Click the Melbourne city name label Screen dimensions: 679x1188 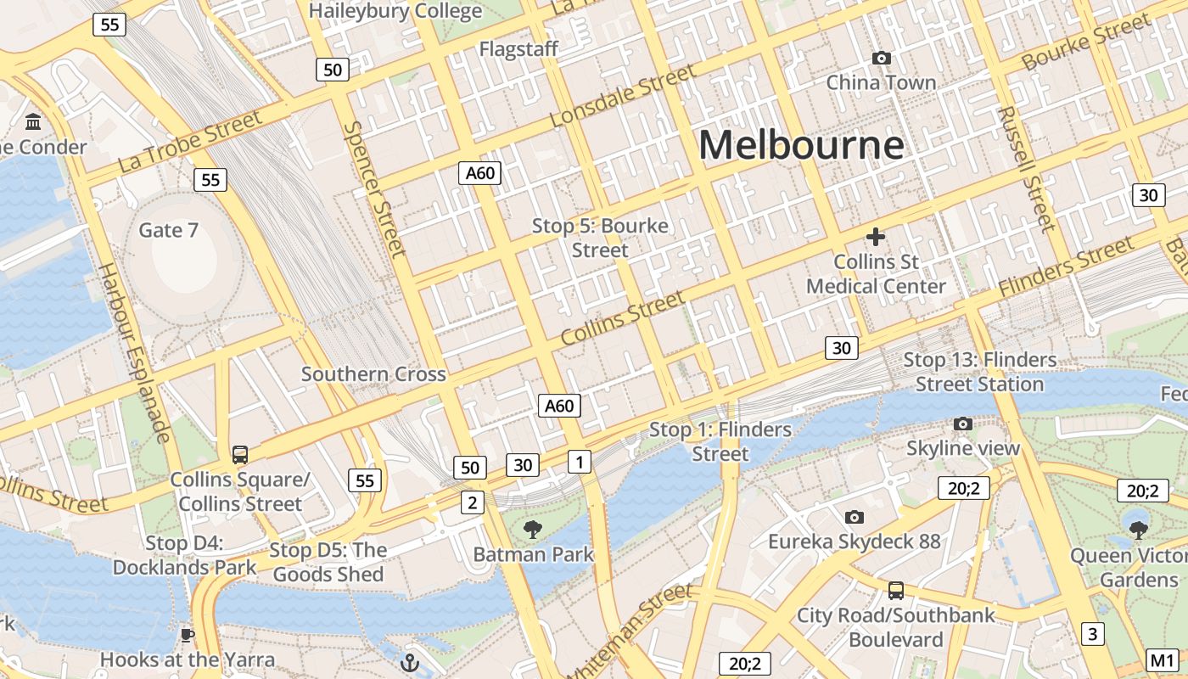pyautogui.click(x=801, y=144)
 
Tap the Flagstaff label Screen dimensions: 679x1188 pyautogui.click(x=518, y=49)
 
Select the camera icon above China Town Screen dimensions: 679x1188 pyautogui.click(x=882, y=58)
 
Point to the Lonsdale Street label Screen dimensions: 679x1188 pyautogui.click(x=622, y=96)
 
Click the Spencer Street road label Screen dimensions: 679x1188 pyautogui.click(x=375, y=188)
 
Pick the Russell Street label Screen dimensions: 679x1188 pyautogui.click(x=1025, y=168)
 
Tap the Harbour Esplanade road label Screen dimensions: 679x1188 pyautogui.click(x=134, y=352)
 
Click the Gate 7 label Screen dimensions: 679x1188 pyautogui.click(x=168, y=230)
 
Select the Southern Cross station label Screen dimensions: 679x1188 pyautogui.click(x=373, y=374)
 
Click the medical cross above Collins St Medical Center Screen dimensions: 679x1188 pyautogui.click(x=875, y=237)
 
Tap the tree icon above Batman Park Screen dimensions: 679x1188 pyautogui.click(x=533, y=530)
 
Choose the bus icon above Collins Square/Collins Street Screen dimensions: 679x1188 pyautogui.click(x=240, y=455)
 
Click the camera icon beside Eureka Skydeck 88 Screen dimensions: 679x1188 pyautogui.click(x=855, y=517)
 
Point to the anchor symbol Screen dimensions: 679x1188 pyautogui.click(x=411, y=663)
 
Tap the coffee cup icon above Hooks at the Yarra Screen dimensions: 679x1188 pyautogui.click(x=188, y=635)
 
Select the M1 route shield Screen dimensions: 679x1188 pyautogui.click(x=1162, y=659)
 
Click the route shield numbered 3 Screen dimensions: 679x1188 pyautogui.click(x=1092, y=633)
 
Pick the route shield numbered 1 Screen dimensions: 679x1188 pyautogui.click(x=579, y=462)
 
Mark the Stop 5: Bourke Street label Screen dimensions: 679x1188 pyautogui.click(x=600, y=238)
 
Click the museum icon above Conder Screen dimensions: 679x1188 pyautogui.click(x=34, y=122)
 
